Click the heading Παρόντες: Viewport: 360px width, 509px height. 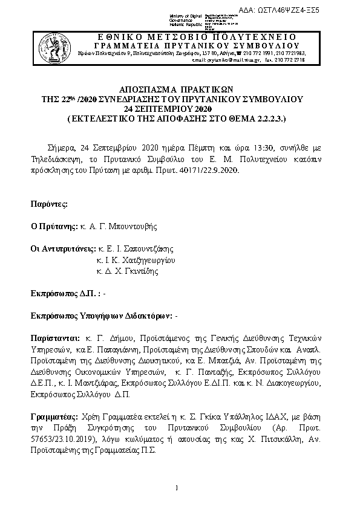pyautogui.click(x=50, y=204)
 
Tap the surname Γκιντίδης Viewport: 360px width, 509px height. pyautogui.click(x=137, y=271)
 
